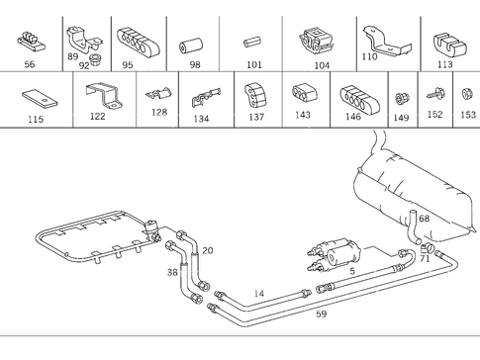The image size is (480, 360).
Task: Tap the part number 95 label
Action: [127, 64]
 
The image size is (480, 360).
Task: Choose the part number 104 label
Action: [321, 64]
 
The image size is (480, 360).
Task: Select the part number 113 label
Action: [444, 64]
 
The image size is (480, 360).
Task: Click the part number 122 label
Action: [97, 117]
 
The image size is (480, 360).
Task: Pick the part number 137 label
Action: [256, 117]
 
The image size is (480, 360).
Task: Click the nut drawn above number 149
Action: [401, 98]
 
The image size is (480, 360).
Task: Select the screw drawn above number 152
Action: [433, 96]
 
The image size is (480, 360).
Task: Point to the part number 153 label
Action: [467, 115]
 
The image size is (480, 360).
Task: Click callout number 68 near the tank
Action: [424, 219]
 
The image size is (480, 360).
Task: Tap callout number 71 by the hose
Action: [425, 259]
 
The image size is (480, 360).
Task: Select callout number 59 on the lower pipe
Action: [321, 315]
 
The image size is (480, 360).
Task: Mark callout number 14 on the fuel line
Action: [258, 294]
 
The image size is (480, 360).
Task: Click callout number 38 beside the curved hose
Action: [172, 272]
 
